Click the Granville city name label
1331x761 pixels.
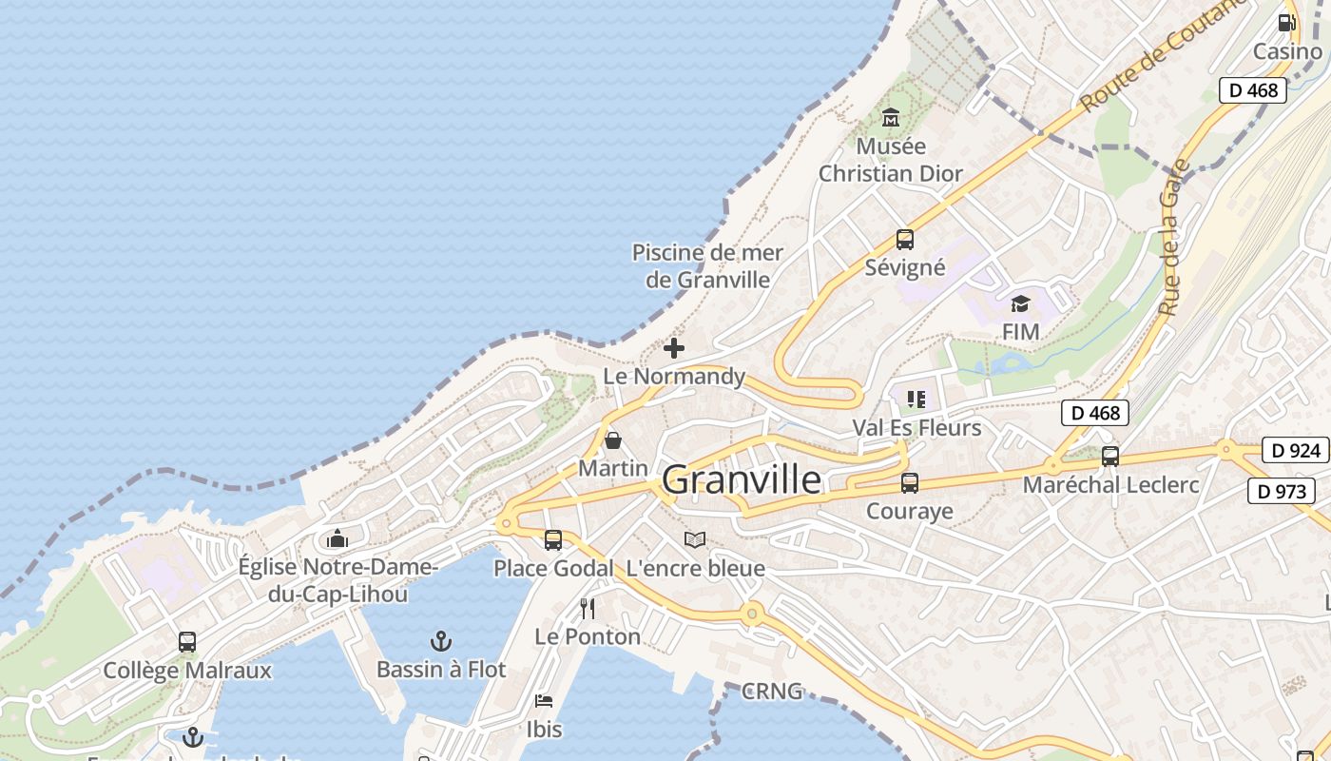[742, 479]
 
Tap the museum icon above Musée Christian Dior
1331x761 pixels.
[891, 118]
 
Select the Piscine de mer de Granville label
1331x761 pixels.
[707, 265]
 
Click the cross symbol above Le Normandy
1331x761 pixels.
[674, 348]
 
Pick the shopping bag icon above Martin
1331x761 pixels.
[613, 440]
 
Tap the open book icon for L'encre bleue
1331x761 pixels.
[695, 539]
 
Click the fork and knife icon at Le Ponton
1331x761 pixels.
[588, 608]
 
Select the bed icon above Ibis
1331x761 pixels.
[544, 701]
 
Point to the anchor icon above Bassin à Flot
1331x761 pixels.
[441, 640]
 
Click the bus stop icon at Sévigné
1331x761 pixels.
[904, 240]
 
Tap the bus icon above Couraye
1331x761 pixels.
[910, 483]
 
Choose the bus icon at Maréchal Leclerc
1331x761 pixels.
[1109, 457]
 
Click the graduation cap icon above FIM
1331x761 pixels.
[1020, 303]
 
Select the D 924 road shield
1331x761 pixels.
[1295, 450]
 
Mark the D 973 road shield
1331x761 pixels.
[1281, 491]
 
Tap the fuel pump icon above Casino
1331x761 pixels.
[1286, 23]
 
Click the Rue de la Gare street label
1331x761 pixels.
[1175, 238]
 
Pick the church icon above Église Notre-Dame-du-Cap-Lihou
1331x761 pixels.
[337, 539]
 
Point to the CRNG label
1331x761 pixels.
[772, 692]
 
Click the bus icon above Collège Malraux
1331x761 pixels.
[187, 642]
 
